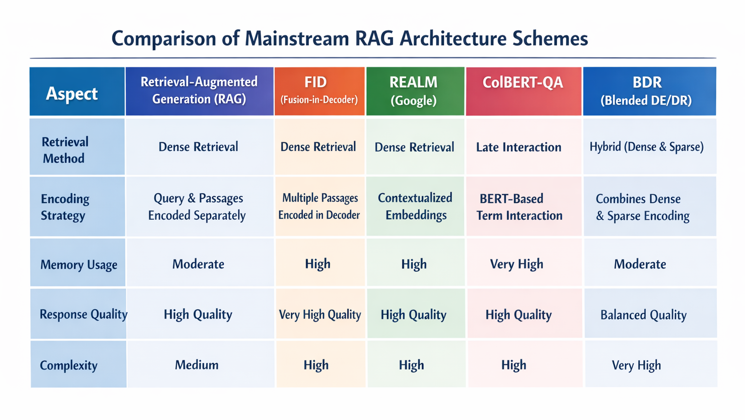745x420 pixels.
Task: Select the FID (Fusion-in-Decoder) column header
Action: click(319, 91)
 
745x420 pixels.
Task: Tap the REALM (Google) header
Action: click(415, 91)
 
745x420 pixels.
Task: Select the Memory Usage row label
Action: click(78, 264)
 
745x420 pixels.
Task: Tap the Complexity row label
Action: click(69, 365)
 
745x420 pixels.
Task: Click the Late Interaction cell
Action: click(519, 147)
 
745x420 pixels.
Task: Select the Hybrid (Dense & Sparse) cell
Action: click(647, 147)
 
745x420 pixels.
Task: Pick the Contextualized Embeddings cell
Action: click(415, 206)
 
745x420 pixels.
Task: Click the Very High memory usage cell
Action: click(516, 264)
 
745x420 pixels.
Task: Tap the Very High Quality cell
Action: click(320, 315)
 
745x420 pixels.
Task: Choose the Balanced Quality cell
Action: click(643, 315)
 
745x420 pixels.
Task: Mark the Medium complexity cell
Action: click(197, 365)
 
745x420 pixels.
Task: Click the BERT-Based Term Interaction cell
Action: click(519, 207)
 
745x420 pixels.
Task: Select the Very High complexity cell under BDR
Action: click(636, 365)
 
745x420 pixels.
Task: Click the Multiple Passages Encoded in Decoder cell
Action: click(319, 206)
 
